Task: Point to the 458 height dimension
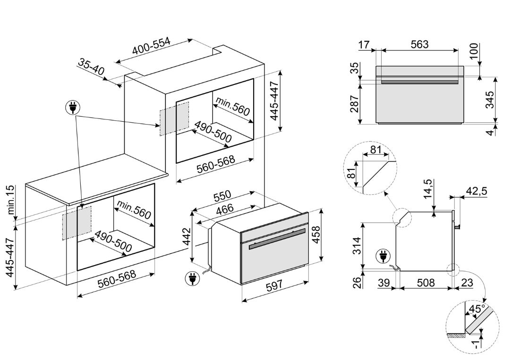click(316, 237)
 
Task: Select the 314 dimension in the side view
click(358, 246)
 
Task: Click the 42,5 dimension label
click(477, 191)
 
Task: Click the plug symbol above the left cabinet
click(73, 107)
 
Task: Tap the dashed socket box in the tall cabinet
click(174, 119)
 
